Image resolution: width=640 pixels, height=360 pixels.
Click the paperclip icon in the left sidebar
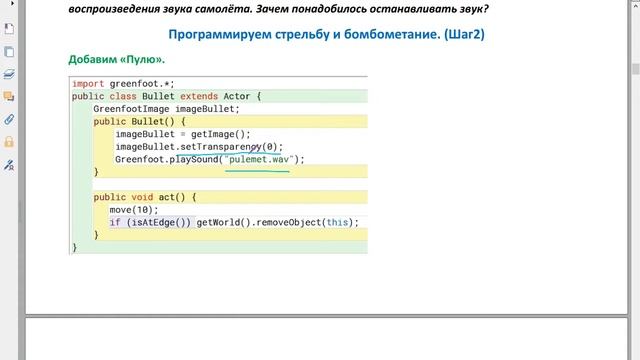coord(9,119)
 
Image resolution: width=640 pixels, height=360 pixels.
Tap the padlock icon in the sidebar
coord(9,142)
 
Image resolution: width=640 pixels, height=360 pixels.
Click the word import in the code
coord(88,83)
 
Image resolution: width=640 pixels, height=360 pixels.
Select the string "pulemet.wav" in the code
coord(260,159)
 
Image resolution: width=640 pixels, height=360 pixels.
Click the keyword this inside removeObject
coord(339,222)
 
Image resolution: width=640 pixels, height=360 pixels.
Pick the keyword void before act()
coord(143,197)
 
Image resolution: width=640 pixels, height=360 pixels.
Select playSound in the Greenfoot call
coord(195,159)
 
